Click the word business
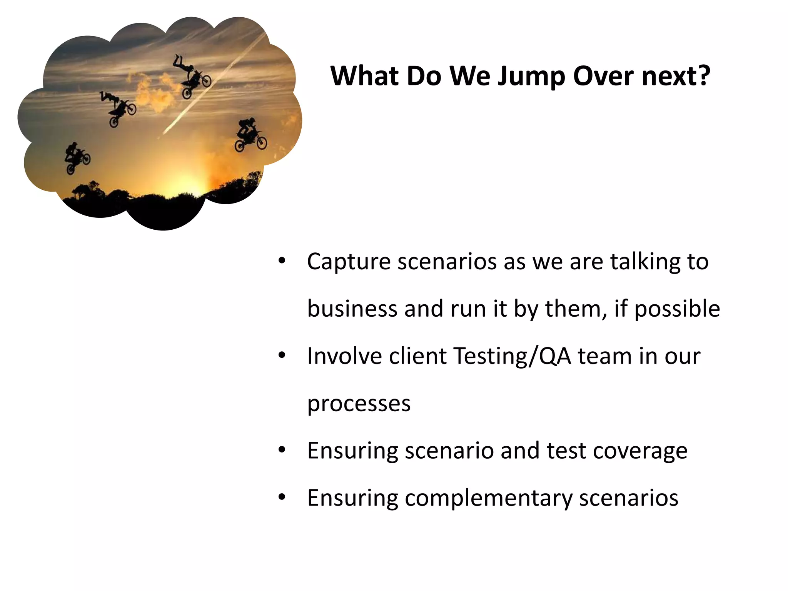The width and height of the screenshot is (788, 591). pos(352,309)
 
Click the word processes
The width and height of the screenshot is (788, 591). pos(359,404)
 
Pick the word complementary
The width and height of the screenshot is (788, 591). pos(488,498)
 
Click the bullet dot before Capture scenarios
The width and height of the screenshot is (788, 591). pos(282,261)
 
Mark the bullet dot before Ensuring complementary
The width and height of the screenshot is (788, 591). pos(282,498)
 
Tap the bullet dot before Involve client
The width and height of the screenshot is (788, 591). pos(282,356)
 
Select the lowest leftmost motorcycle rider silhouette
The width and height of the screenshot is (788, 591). pos(77,158)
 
